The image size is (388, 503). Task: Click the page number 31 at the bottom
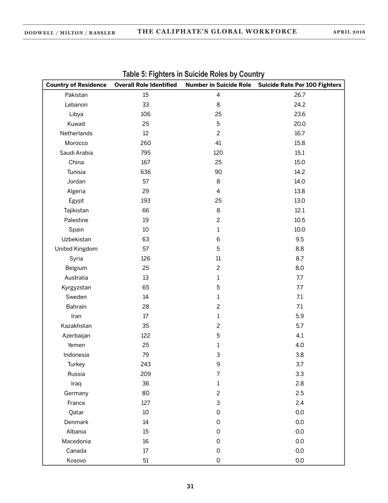point(190,486)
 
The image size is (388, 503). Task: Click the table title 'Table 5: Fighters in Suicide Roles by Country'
point(194,74)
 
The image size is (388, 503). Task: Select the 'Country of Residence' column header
point(76,85)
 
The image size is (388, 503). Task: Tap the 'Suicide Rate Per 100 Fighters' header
point(299,85)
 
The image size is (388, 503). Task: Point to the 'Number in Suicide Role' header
point(218,85)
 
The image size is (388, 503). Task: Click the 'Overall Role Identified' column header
point(145,85)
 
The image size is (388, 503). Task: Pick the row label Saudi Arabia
point(76,153)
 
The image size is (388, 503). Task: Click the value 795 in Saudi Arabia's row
point(145,153)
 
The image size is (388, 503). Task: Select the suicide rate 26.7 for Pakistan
point(299,95)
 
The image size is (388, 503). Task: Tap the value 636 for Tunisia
point(145,172)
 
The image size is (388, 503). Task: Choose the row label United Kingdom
point(76,249)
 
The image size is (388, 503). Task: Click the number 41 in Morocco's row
point(218,143)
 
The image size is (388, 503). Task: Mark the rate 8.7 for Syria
point(299,258)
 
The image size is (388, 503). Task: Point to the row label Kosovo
point(76,460)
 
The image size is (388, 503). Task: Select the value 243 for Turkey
point(145,364)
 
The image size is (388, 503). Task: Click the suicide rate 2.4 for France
point(299,403)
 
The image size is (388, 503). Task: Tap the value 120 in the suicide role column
point(218,153)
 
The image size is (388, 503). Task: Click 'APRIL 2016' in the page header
point(349,32)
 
